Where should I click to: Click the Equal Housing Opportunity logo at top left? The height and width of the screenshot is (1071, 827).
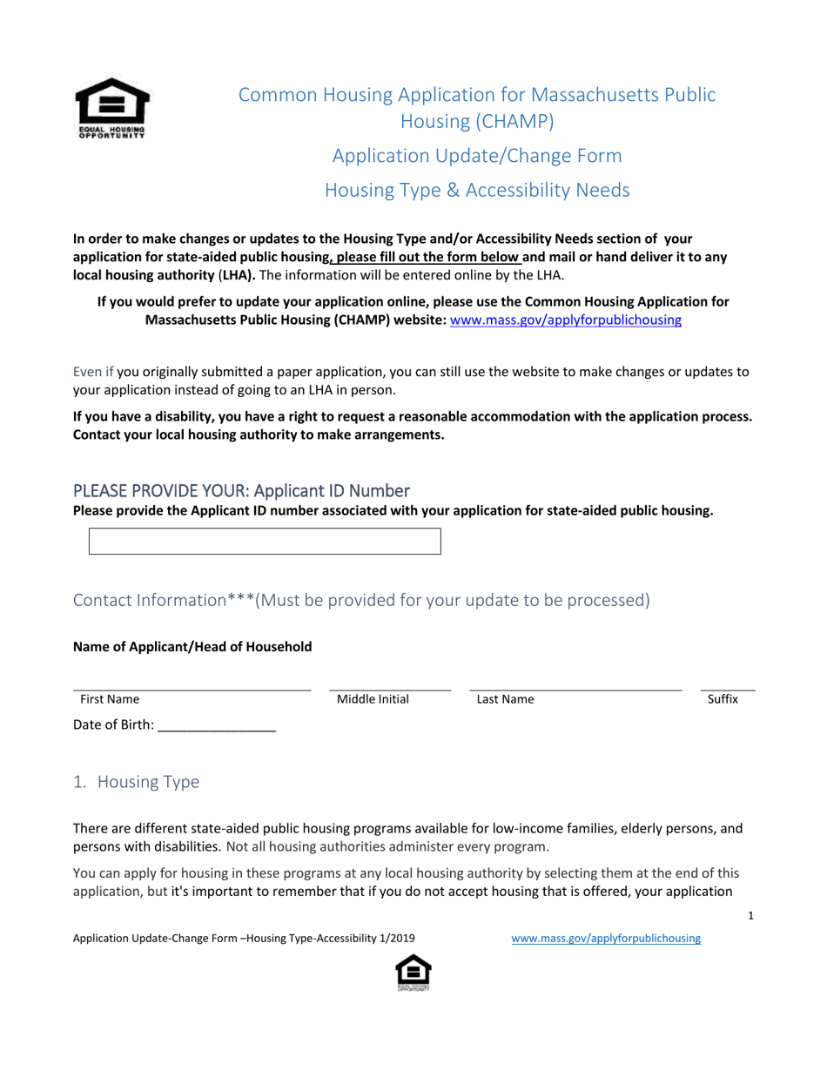coord(111,109)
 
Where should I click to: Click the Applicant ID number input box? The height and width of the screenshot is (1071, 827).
coord(265,541)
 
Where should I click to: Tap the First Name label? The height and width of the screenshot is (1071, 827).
coord(110,698)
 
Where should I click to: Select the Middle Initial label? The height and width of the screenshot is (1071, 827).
coord(373,698)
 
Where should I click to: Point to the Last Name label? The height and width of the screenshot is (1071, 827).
coord(505,698)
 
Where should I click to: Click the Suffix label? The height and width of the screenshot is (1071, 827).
coord(723,698)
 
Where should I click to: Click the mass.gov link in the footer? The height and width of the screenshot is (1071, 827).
coord(606,939)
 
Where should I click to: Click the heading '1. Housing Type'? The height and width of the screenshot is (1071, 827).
coord(137,782)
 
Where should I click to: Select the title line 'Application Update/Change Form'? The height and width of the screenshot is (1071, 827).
coord(477,156)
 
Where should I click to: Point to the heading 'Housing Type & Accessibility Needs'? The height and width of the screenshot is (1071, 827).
coord(477,190)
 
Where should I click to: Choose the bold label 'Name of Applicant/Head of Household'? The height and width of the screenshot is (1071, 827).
coord(192,646)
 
